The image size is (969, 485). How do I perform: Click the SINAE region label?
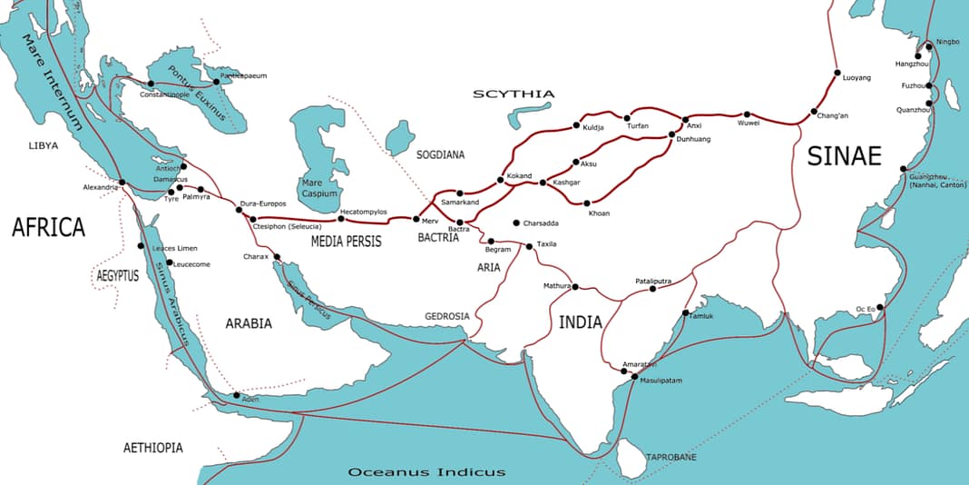844,156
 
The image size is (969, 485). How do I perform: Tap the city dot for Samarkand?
460,193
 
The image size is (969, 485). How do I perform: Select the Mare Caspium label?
318,187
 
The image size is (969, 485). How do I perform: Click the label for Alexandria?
100,187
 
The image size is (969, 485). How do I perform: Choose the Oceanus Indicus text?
426,472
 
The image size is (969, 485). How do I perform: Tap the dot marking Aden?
237,395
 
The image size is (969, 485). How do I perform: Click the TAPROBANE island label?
670,457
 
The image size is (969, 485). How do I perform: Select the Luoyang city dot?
836,73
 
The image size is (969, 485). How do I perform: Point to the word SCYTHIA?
501,94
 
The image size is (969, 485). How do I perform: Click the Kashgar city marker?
543,183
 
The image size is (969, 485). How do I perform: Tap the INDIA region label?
580,322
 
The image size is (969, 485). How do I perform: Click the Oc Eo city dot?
880,307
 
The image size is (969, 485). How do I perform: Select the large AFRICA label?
48,228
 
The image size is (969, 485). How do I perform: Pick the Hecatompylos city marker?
341,218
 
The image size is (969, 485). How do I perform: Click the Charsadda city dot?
516,223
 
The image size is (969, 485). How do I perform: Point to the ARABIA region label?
248,322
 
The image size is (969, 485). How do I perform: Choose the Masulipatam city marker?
634,377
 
